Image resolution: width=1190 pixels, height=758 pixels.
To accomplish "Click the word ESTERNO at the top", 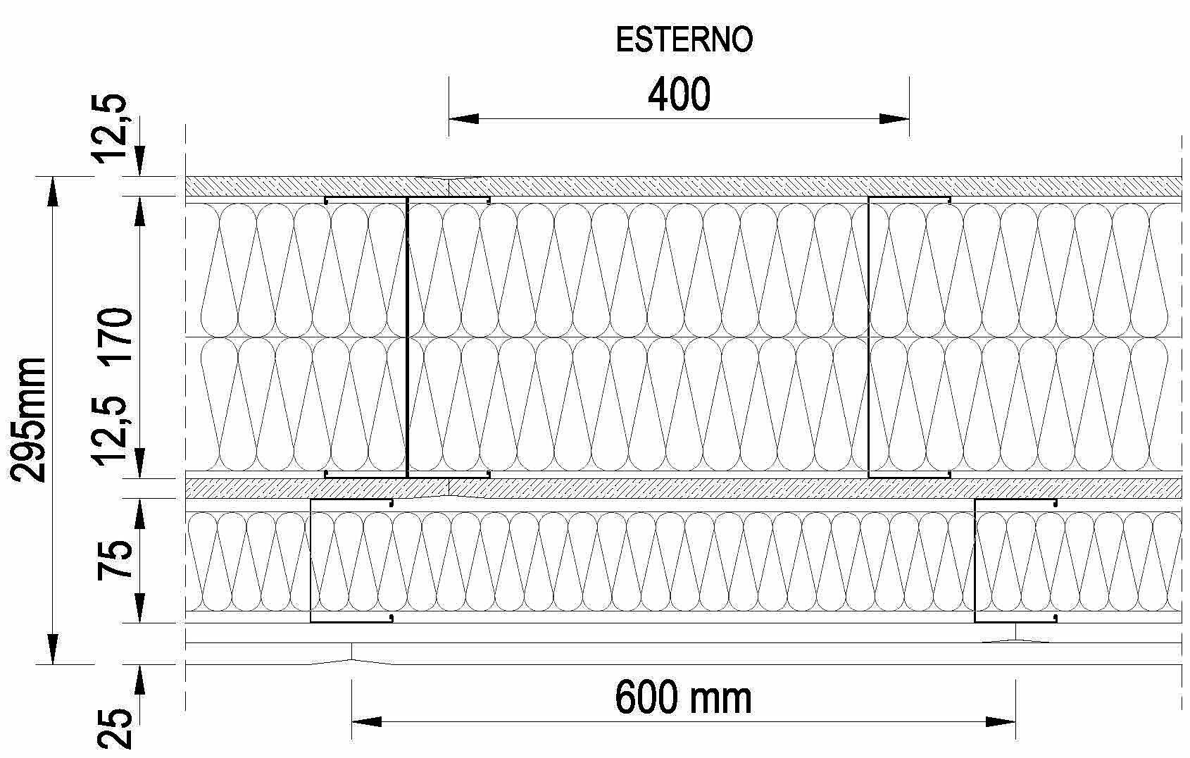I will click(684, 40).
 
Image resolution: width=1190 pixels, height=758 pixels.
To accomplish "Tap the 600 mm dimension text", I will click(683, 698).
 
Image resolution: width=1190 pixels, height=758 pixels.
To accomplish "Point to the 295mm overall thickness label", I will click(30, 420).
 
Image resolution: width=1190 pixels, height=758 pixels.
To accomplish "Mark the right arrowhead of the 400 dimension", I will click(896, 119).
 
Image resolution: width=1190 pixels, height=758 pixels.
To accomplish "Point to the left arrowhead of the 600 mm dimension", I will click(366, 721).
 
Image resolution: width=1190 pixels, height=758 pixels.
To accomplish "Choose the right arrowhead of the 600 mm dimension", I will click(1001, 721).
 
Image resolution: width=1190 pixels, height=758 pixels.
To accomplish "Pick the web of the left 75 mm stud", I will click(311, 560).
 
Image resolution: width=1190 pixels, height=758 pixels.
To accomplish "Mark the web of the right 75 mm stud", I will click(975, 560).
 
